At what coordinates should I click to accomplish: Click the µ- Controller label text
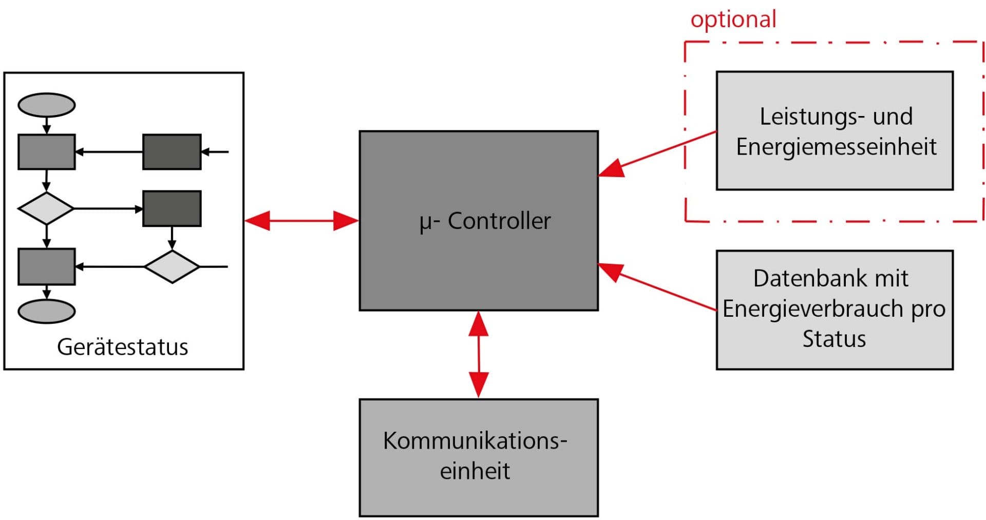pyautogui.click(x=485, y=222)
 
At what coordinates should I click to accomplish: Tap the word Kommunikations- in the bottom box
pyautogui.click(x=475, y=440)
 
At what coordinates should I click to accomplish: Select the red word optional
pyautogui.click(x=733, y=20)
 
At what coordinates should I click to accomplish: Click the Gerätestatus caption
pyautogui.click(x=122, y=347)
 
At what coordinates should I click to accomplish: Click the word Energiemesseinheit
pyautogui.click(x=836, y=147)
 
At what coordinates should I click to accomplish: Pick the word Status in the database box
pyautogui.click(x=834, y=339)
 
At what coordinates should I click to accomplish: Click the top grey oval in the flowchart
pyautogui.click(x=47, y=105)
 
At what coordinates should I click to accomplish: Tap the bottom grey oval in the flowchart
pyautogui.click(x=47, y=311)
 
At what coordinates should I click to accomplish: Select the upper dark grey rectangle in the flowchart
pyautogui.click(x=172, y=152)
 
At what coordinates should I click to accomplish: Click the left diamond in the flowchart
pyautogui.click(x=46, y=208)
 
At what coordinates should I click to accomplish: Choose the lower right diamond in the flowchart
pyautogui.click(x=172, y=266)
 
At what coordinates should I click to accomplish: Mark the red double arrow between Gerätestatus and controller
pyautogui.click(x=301, y=221)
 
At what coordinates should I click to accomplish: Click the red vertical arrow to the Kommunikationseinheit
pyautogui.click(x=479, y=354)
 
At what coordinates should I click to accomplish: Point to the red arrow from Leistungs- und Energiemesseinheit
pyautogui.click(x=657, y=154)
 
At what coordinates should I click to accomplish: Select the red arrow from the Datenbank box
pyautogui.click(x=657, y=287)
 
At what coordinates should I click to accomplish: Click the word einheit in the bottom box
pyautogui.click(x=475, y=471)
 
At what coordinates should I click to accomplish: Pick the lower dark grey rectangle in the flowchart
pyautogui.click(x=172, y=208)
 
